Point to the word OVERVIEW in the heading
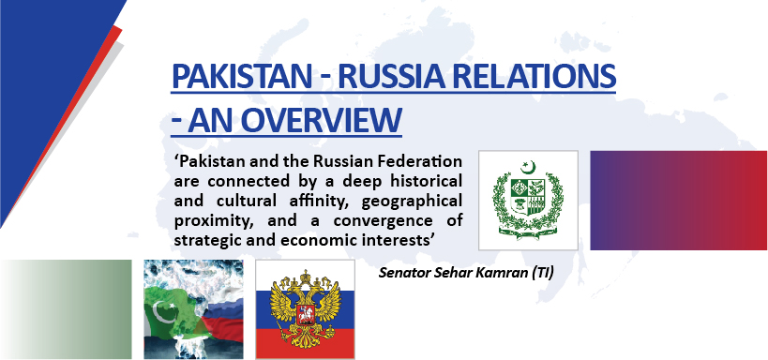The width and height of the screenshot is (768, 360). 322,119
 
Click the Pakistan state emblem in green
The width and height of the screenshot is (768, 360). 528,199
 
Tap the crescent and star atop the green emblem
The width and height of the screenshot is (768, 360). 529,167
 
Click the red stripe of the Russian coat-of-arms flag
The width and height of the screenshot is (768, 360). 305,343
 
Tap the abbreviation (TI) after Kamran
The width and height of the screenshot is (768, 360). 543,273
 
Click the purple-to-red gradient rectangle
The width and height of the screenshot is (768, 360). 678,201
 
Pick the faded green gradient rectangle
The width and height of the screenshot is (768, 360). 67,309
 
